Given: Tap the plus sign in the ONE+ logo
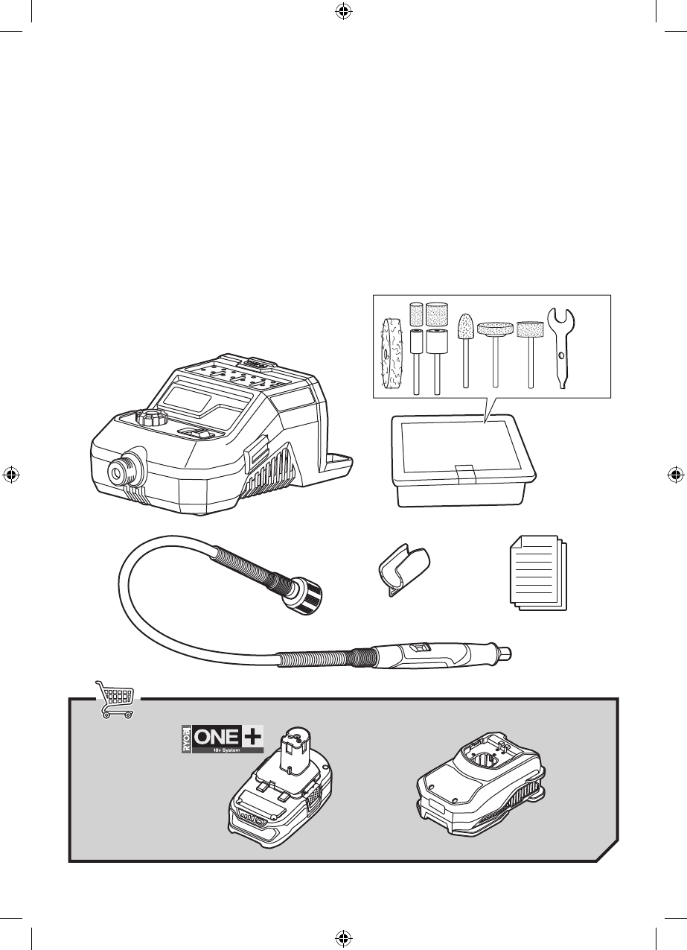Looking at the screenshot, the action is (x=252, y=737).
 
